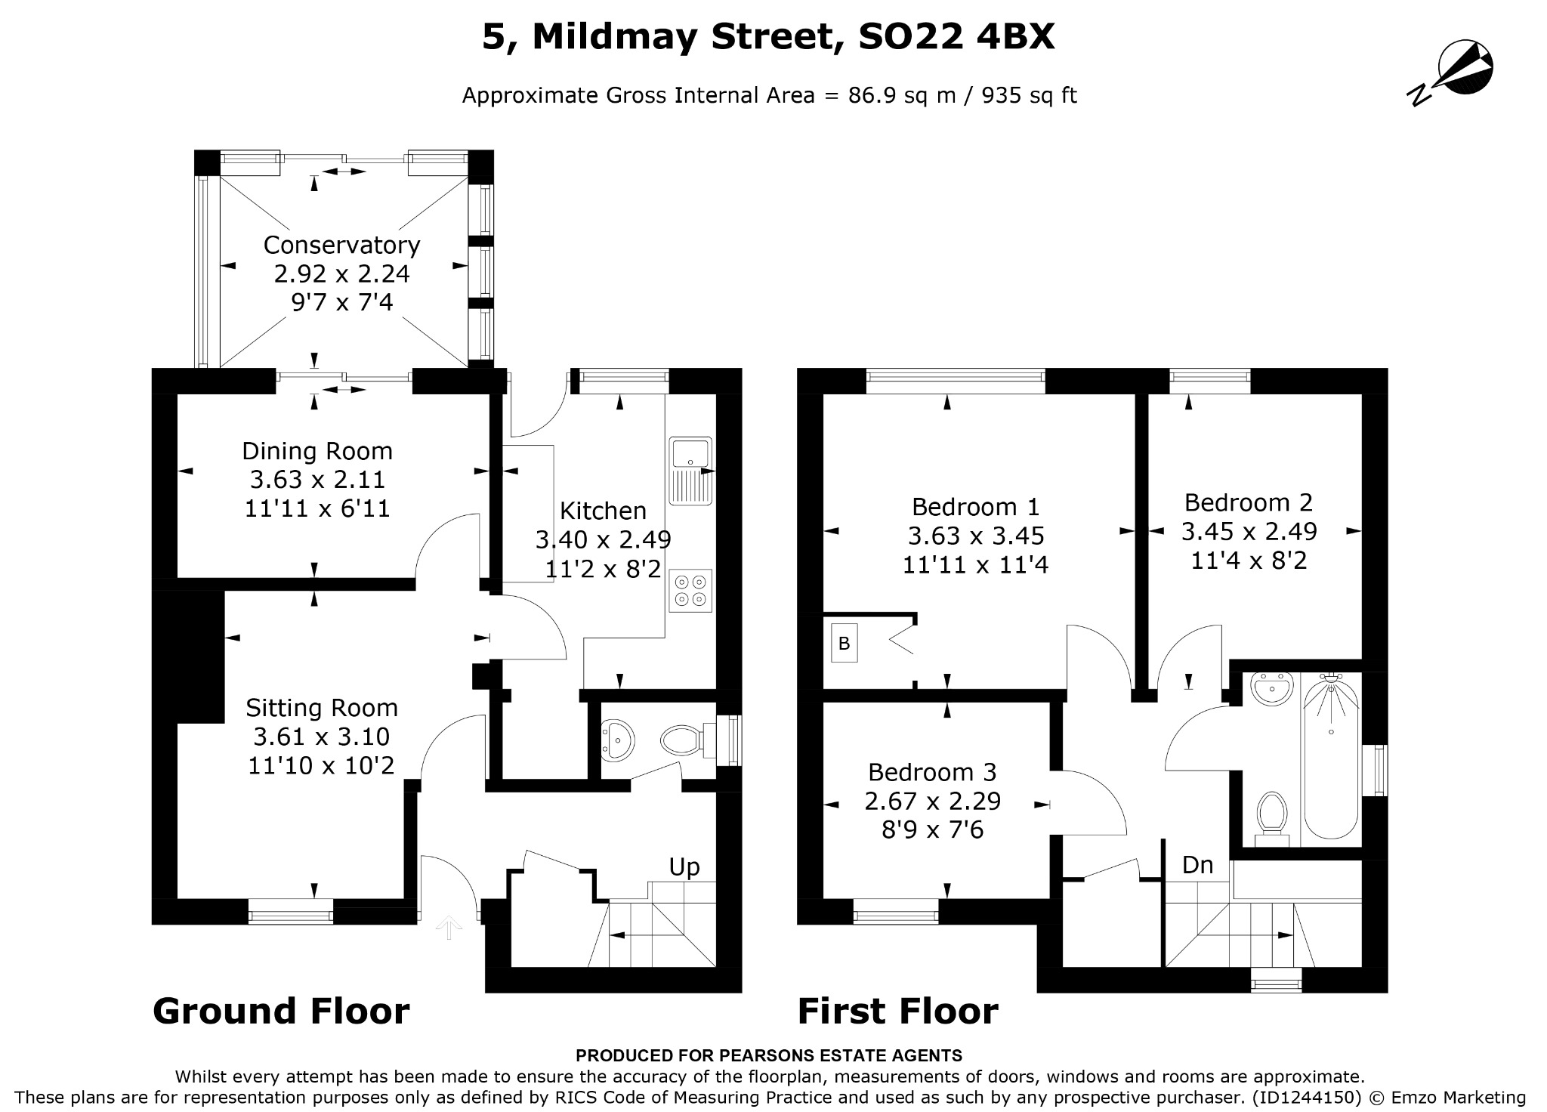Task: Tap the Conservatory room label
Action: [341, 245]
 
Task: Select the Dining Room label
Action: [317, 451]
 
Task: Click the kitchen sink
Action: [690, 470]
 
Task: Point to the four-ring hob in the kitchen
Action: [690, 590]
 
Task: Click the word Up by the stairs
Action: [684, 866]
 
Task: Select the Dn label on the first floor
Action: [1197, 865]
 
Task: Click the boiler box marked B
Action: [845, 643]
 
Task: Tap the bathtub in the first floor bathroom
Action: [1331, 756]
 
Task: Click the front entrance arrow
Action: [449, 927]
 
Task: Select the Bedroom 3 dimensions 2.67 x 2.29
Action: [933, 801]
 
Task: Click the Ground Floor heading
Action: [281, 1011]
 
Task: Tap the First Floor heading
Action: [898, 1011]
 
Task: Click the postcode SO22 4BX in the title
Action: [957, 37]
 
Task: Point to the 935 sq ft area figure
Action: [1030, 96]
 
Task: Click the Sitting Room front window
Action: [291, 915]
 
